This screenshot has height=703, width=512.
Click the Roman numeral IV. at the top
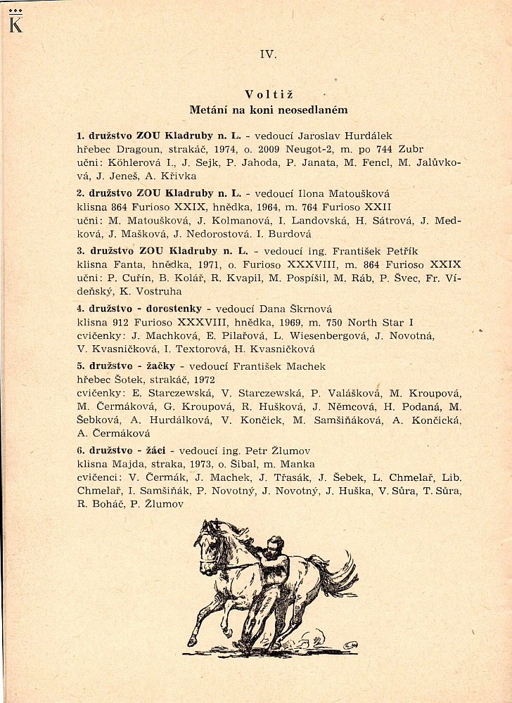coord(268,54)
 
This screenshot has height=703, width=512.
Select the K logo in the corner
coord(13,22)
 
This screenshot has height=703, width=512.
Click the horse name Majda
coord(128,465)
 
